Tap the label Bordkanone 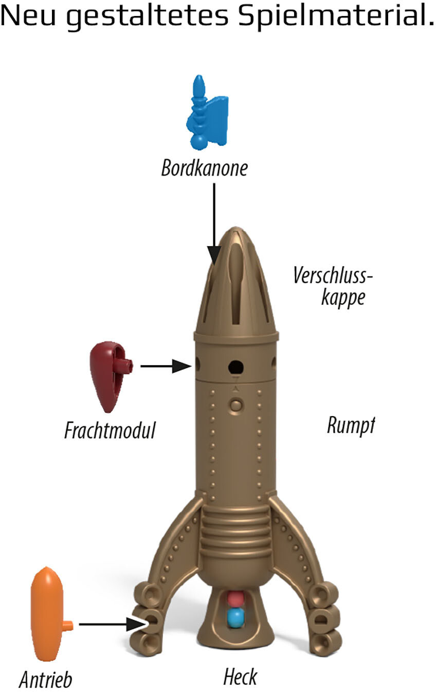(x=204, y=168)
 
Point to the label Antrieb (x=46, y=678)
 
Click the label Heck (x=240, y=677)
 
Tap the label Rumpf (x=351, y=426)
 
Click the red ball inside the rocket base (x=235, y=599)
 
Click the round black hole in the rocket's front (x=236, y=367)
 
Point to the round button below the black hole (x=236, y=405)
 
